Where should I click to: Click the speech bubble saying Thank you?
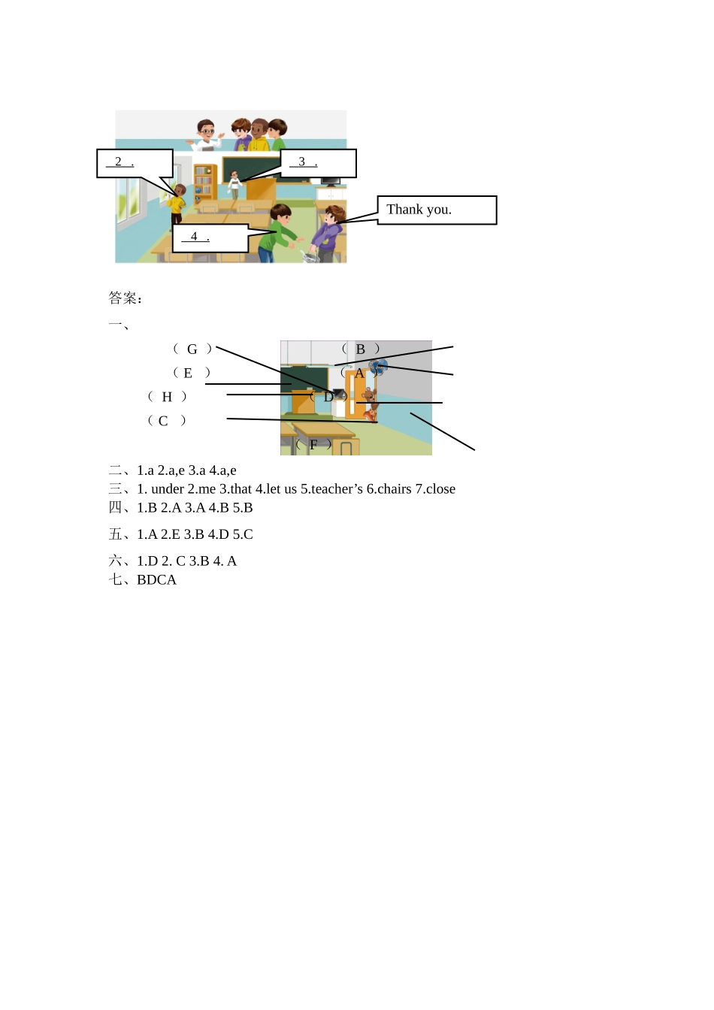(x=437, y=210)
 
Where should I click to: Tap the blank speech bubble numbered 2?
(x=135, y=163)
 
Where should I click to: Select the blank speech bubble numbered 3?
(x=318, y=163)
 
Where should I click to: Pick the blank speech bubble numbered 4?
(x=210, y=237)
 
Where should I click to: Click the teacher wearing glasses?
(x=206, y=135)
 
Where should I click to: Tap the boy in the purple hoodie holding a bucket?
(x=328, y=231)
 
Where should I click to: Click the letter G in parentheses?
(x=192, y=349)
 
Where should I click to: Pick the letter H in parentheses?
(x=167, y=397)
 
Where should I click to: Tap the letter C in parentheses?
(x=163, y=421)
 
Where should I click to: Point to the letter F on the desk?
(x=313, y=445)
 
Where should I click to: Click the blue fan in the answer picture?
(x=379, y=367)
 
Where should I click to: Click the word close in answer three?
(x=440, y=489)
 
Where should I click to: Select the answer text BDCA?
(x=156, y=580)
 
